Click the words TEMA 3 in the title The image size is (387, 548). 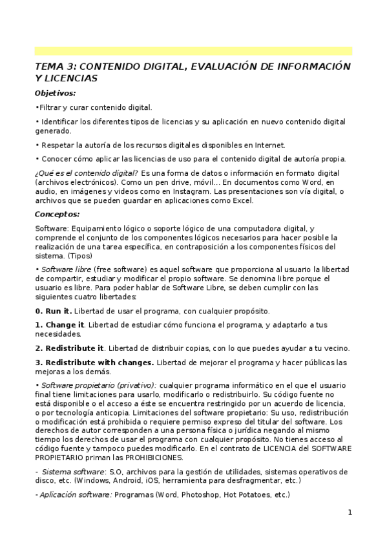54,66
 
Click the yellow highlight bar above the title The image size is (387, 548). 193,50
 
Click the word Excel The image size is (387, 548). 239,201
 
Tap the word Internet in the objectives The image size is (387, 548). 269,145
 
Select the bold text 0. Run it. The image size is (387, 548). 54,311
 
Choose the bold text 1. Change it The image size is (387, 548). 60,324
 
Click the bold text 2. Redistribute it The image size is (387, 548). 69,348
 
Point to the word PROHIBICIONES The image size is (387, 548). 150,458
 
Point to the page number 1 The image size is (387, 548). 350,513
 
